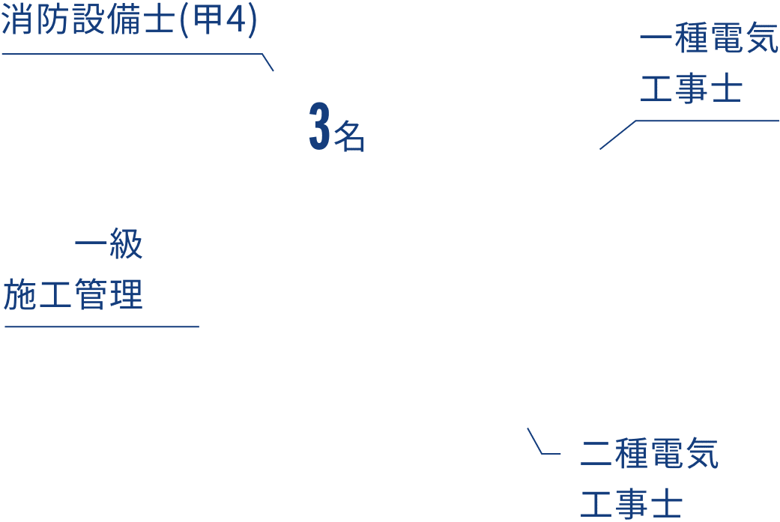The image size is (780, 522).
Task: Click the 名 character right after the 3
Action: click(349, 136)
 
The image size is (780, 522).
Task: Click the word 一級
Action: click(109, 246)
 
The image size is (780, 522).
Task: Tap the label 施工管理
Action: click(73, 295)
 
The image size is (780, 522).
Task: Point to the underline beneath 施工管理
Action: click(102, 327)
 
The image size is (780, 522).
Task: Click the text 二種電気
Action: click(650, 454)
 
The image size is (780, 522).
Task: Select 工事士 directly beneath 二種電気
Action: click(631, 503)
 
